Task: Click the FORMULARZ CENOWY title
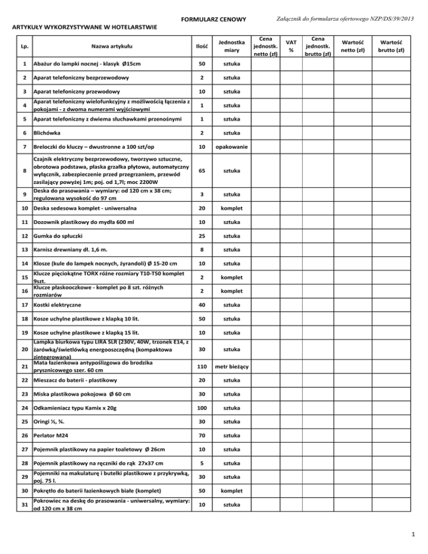tap(214, 20)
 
